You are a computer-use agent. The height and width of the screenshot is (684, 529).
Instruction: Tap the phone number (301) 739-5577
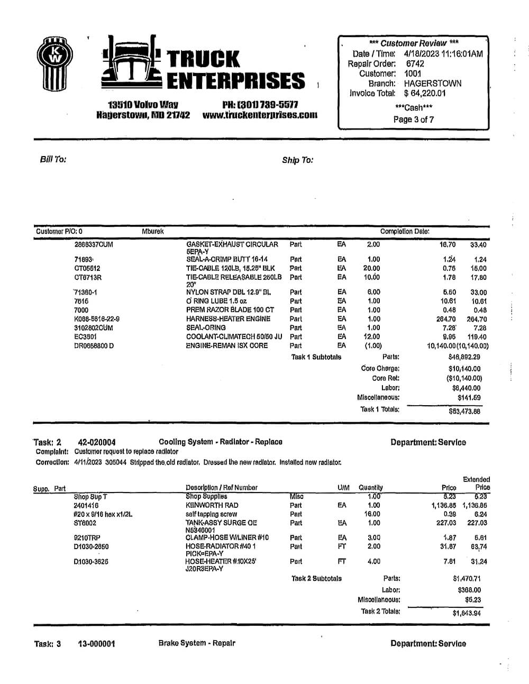coord(260,105)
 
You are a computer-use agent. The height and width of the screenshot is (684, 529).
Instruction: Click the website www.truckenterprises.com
coord(260,115)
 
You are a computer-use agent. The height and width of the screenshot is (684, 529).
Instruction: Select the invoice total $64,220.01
coord(425,94)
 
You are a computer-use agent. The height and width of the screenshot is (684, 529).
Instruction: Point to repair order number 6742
coord(415,63)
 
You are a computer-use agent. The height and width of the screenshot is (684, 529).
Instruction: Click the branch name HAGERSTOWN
coord(432,84)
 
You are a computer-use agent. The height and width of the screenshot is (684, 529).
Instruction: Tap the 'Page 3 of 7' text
coord(413,120)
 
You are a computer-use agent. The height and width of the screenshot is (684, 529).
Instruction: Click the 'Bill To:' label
coord(53,159)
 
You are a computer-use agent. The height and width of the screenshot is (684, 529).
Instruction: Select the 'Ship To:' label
coord(297,160)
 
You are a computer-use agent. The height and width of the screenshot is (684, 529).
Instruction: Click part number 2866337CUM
coord(94,245)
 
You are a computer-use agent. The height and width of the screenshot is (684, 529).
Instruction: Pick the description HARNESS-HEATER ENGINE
coord(228,319)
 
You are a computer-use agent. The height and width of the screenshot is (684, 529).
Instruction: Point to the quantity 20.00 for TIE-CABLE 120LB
coord(371,268)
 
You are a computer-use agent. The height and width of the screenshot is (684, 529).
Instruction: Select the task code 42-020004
coord(97,442)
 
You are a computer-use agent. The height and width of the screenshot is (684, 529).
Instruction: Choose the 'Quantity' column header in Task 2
coord(370,487)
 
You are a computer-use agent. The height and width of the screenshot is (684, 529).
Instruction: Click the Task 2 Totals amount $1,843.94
coord(466,613)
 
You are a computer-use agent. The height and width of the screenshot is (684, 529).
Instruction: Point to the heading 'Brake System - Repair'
coord(196,643)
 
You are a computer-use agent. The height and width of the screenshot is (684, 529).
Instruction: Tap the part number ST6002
coord(85,523)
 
